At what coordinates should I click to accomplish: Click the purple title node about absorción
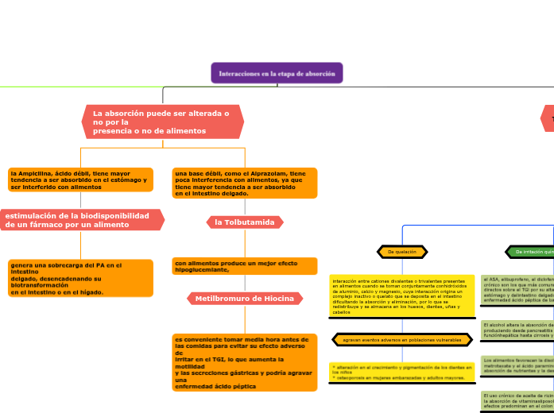click(277, 73)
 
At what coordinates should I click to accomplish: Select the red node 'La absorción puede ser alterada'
click(162, 122)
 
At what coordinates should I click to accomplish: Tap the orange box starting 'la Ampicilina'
click(79, 179)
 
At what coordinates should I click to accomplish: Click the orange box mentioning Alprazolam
click(245, 183)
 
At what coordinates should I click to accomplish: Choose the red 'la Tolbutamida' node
click(245, 222)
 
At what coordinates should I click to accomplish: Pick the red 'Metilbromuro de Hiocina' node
click(245, 299)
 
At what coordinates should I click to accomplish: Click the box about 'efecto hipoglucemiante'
click(245, 266)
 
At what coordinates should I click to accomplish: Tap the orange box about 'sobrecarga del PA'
click(79, 278)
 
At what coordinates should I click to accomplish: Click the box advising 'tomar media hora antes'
click(245, 362)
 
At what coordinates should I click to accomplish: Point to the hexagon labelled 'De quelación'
click(401, 252)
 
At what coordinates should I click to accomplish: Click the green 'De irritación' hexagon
click(531, 252)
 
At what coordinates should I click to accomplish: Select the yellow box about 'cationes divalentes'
click(401, 296)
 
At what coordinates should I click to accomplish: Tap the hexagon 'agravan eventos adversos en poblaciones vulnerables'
click(401, 340)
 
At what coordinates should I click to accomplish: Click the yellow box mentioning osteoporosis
click(401, 372)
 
